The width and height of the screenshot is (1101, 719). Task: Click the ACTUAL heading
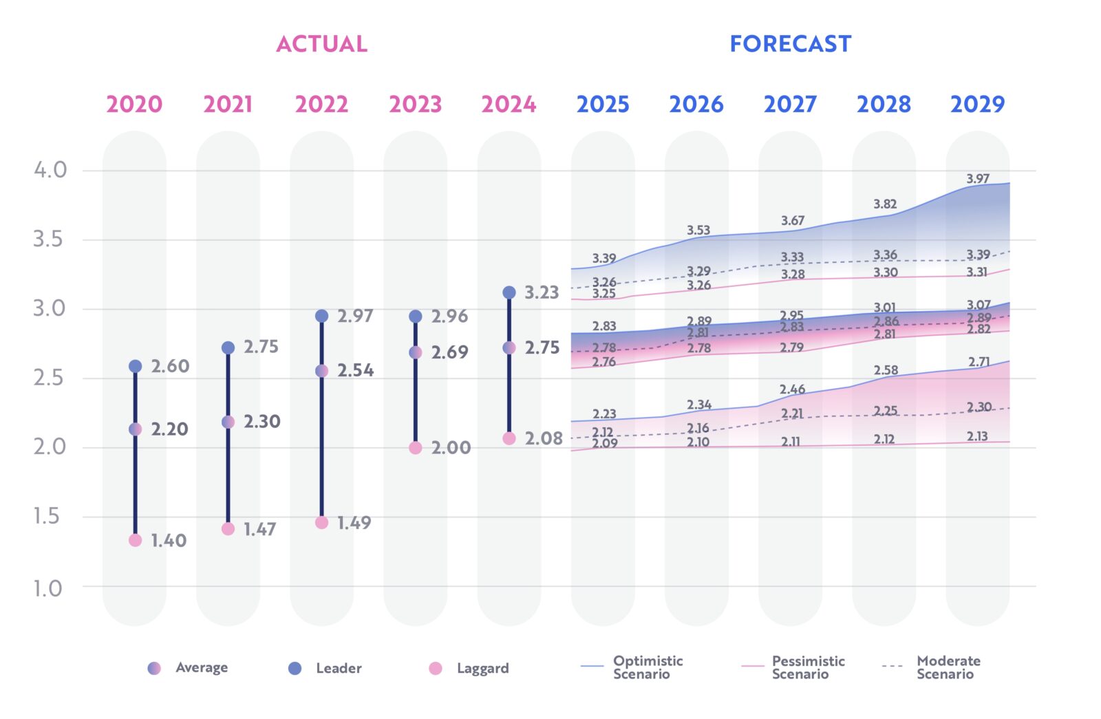[x=321, y=44]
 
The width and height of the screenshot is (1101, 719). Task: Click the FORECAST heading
[x=790, y=44]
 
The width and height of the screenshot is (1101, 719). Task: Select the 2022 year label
[x=321, y=105]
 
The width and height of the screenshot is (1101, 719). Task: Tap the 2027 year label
[x=790, y=105]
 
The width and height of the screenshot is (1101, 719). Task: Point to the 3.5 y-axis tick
[x=47, y=239]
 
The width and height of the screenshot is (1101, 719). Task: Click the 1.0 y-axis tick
[x=47, y=588]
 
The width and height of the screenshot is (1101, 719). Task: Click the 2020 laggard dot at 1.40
[x=135, y=540]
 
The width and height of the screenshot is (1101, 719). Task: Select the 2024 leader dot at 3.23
[x=509, y=292]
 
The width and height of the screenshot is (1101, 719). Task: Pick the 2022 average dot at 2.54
[x=321, y=371]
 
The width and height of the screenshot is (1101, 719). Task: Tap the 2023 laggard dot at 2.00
[x=415, y=448]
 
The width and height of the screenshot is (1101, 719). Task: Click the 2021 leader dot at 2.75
[x=228, y=348]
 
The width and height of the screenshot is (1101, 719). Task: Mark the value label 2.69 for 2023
[x=449, y=352]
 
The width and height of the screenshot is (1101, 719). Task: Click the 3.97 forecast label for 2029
[x=978, y=179]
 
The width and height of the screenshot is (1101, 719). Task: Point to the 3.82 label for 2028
[x=885, y=204]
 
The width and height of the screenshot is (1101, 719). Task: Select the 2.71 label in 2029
[x=979, y=362]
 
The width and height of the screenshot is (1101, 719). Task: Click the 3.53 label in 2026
[x=698, y=230]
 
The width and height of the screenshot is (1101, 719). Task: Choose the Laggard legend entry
[x=469, y=668]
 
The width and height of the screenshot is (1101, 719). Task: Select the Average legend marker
[x=154, y=668]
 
